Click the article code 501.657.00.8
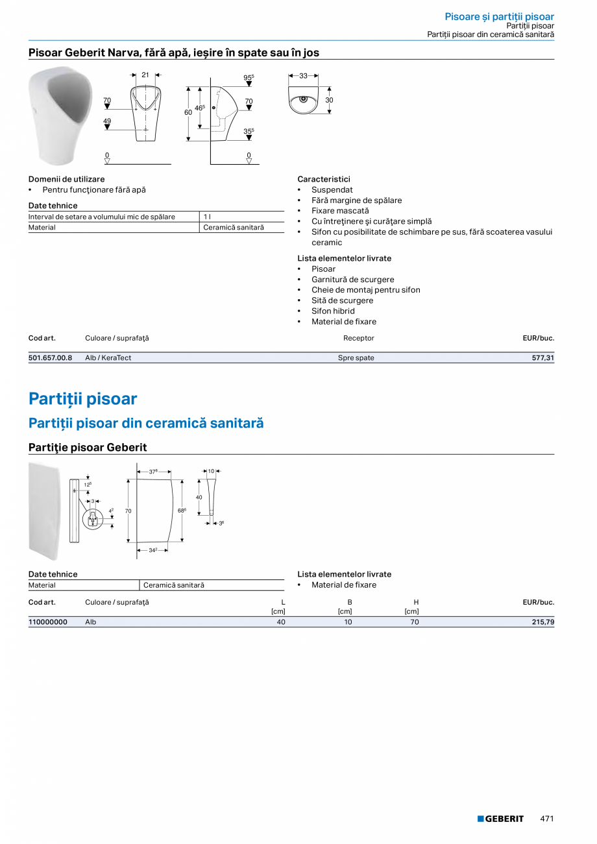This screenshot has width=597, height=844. [50, 357]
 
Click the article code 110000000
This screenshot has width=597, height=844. [48, 622]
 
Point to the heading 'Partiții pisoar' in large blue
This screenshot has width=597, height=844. [83, 398]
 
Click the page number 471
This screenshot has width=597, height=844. [547, 819]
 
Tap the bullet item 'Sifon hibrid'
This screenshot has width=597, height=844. [333, 311]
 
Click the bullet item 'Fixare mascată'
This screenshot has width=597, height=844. [340, 211]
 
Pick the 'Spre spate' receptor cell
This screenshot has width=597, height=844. [356, 357]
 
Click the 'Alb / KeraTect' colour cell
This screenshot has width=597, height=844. [108, 357]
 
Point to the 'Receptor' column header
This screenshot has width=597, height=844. [359, 338]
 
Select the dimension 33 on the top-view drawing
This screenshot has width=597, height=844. [304, 76]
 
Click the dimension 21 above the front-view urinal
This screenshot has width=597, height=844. [145, 75]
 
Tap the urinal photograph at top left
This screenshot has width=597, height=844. [60, 115]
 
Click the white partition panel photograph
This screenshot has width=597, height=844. [44, 511]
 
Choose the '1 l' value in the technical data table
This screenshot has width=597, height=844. [207, 217]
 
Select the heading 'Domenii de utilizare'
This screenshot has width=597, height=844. [66, 179]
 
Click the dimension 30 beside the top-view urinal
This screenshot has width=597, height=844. [329, 100]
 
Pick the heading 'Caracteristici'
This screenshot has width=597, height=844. [324, 179]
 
